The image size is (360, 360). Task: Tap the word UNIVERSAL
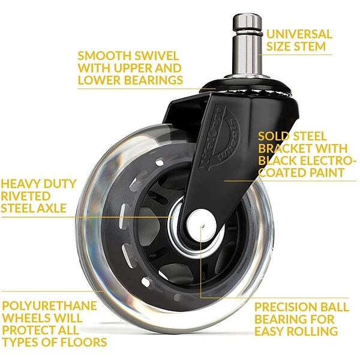point(299,34)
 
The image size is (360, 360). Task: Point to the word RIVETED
point(26,196)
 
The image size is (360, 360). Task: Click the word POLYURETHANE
point(49,306)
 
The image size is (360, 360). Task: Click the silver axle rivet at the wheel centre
point(201,226)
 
